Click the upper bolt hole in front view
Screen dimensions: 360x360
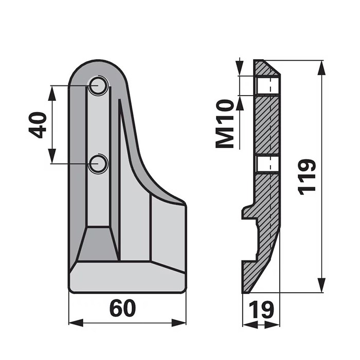pyautogui.click(x=98, y=86)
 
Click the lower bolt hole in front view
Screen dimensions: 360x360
pyautogui.click(x=98, y=164)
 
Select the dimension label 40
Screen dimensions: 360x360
pyautogui.click(x=38, y=125)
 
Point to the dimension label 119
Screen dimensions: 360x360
pyautogui.click(x=307, y=176)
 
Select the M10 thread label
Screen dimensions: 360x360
pyautogui.click(x=225, y=124)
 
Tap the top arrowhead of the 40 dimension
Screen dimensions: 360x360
pyautogui.click(x=52, y=93)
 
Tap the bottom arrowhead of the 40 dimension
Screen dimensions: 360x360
pyautogui.click(x=52, y=157)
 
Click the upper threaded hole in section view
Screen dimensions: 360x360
pyautogui.click(x=267, y=85)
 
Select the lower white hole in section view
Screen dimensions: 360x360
pyautogui.click(x=267, y=164)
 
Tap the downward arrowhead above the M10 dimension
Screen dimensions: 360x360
pyautogui.click(x=240, y=69)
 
